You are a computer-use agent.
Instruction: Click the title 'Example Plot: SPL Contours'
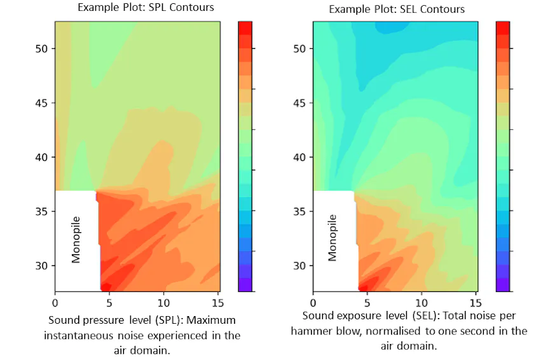click(x=146, y=7)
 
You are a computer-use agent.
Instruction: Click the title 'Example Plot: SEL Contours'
click(x=397, y=9)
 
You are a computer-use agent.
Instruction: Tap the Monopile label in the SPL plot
click(x=76, y=240)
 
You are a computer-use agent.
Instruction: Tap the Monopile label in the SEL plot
click(x=332, y=238)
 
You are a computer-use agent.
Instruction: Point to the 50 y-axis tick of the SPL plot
click(x=41, y=49)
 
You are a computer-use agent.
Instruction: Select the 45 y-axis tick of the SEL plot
click(x=299, y=103)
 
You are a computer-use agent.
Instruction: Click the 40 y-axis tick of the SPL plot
click(x=41, y=157)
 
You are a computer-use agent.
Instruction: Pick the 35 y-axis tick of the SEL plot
click(x=299, y=211)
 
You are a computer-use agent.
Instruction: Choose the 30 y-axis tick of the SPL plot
click(x=41, y=266)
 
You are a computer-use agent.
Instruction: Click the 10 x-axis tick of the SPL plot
click(x=163, y=303)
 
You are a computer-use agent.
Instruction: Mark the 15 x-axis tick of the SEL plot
click(x=476, y=303)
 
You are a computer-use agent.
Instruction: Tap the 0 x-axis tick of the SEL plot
click(x=313, y=303)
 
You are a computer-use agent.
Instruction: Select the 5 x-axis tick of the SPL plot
click(x=109, y=303)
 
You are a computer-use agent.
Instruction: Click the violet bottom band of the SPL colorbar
click(x=245, y=285)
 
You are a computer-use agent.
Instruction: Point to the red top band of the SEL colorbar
click(x=503, y=29)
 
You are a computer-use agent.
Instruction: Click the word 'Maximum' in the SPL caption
click(x=211, y=320)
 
